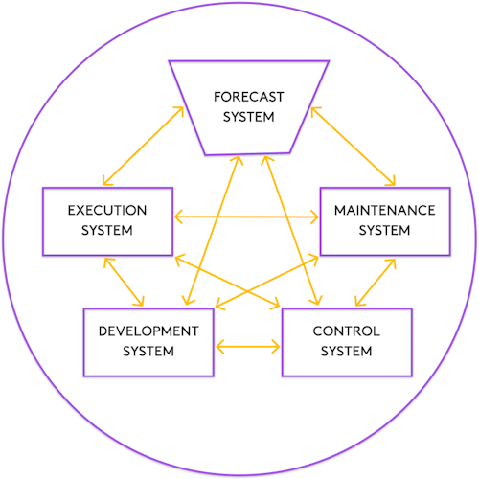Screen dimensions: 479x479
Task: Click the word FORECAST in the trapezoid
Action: point(248,97)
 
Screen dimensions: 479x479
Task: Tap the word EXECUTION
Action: point(107,210)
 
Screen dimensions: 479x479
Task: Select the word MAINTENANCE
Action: point(385,210)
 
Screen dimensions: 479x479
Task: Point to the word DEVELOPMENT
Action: point(148,331)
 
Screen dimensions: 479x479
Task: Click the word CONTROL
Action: point(347,331)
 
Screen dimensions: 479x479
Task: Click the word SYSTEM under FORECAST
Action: point(248,117)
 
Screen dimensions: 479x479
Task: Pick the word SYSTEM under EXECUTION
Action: point(107,230)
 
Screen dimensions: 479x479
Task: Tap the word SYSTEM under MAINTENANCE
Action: point(384,230)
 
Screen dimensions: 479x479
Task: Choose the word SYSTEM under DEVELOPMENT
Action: point(148,352)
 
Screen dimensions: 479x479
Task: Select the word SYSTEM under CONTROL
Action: point(347,352)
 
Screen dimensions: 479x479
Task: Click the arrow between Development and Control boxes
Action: point(248,347)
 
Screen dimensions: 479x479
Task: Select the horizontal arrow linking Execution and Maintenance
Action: point(246,217)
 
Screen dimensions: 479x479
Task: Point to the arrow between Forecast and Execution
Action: point(143,146)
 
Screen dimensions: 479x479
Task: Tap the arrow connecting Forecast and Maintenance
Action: point(353,147)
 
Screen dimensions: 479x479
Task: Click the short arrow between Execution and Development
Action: point(124,282)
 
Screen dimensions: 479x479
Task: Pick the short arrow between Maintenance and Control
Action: point(376,283)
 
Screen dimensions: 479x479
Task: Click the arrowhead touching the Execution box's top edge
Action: point(106,181)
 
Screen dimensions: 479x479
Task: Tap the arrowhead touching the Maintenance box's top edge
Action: point(392,181)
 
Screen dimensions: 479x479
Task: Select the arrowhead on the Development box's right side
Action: point(220,347)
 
